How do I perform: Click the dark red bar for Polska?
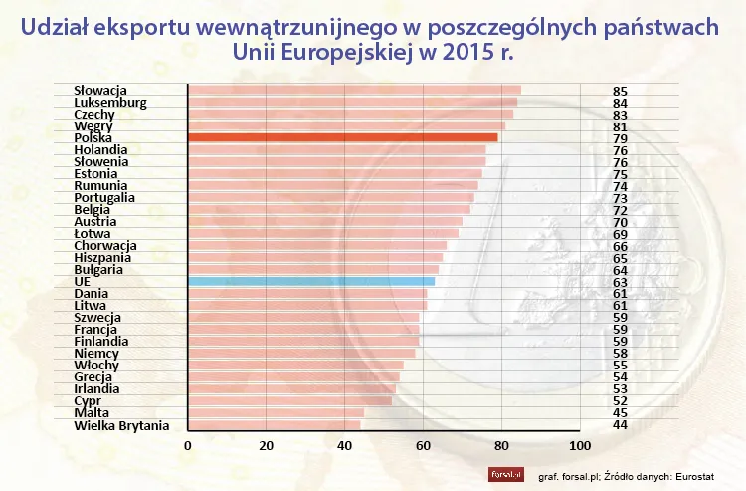[342, 137]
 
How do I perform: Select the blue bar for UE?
[310, 282]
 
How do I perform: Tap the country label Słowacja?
[100, 91]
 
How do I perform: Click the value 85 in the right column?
[621, 91]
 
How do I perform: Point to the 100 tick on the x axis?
[579, 445]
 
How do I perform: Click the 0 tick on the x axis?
[188, 445]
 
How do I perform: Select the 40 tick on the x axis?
[344, 445]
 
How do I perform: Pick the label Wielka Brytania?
[121, 425]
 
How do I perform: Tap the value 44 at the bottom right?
[621, 425]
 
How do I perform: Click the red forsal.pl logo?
[506, 474]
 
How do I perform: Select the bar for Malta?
[276, 413]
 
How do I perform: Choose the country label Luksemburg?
[110, 103]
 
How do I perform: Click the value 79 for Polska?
[621, 138]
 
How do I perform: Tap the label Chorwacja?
[105, 246]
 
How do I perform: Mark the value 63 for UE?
[621, 282]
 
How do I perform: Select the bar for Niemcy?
[301, 354]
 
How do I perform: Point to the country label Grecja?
[94, 377]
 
